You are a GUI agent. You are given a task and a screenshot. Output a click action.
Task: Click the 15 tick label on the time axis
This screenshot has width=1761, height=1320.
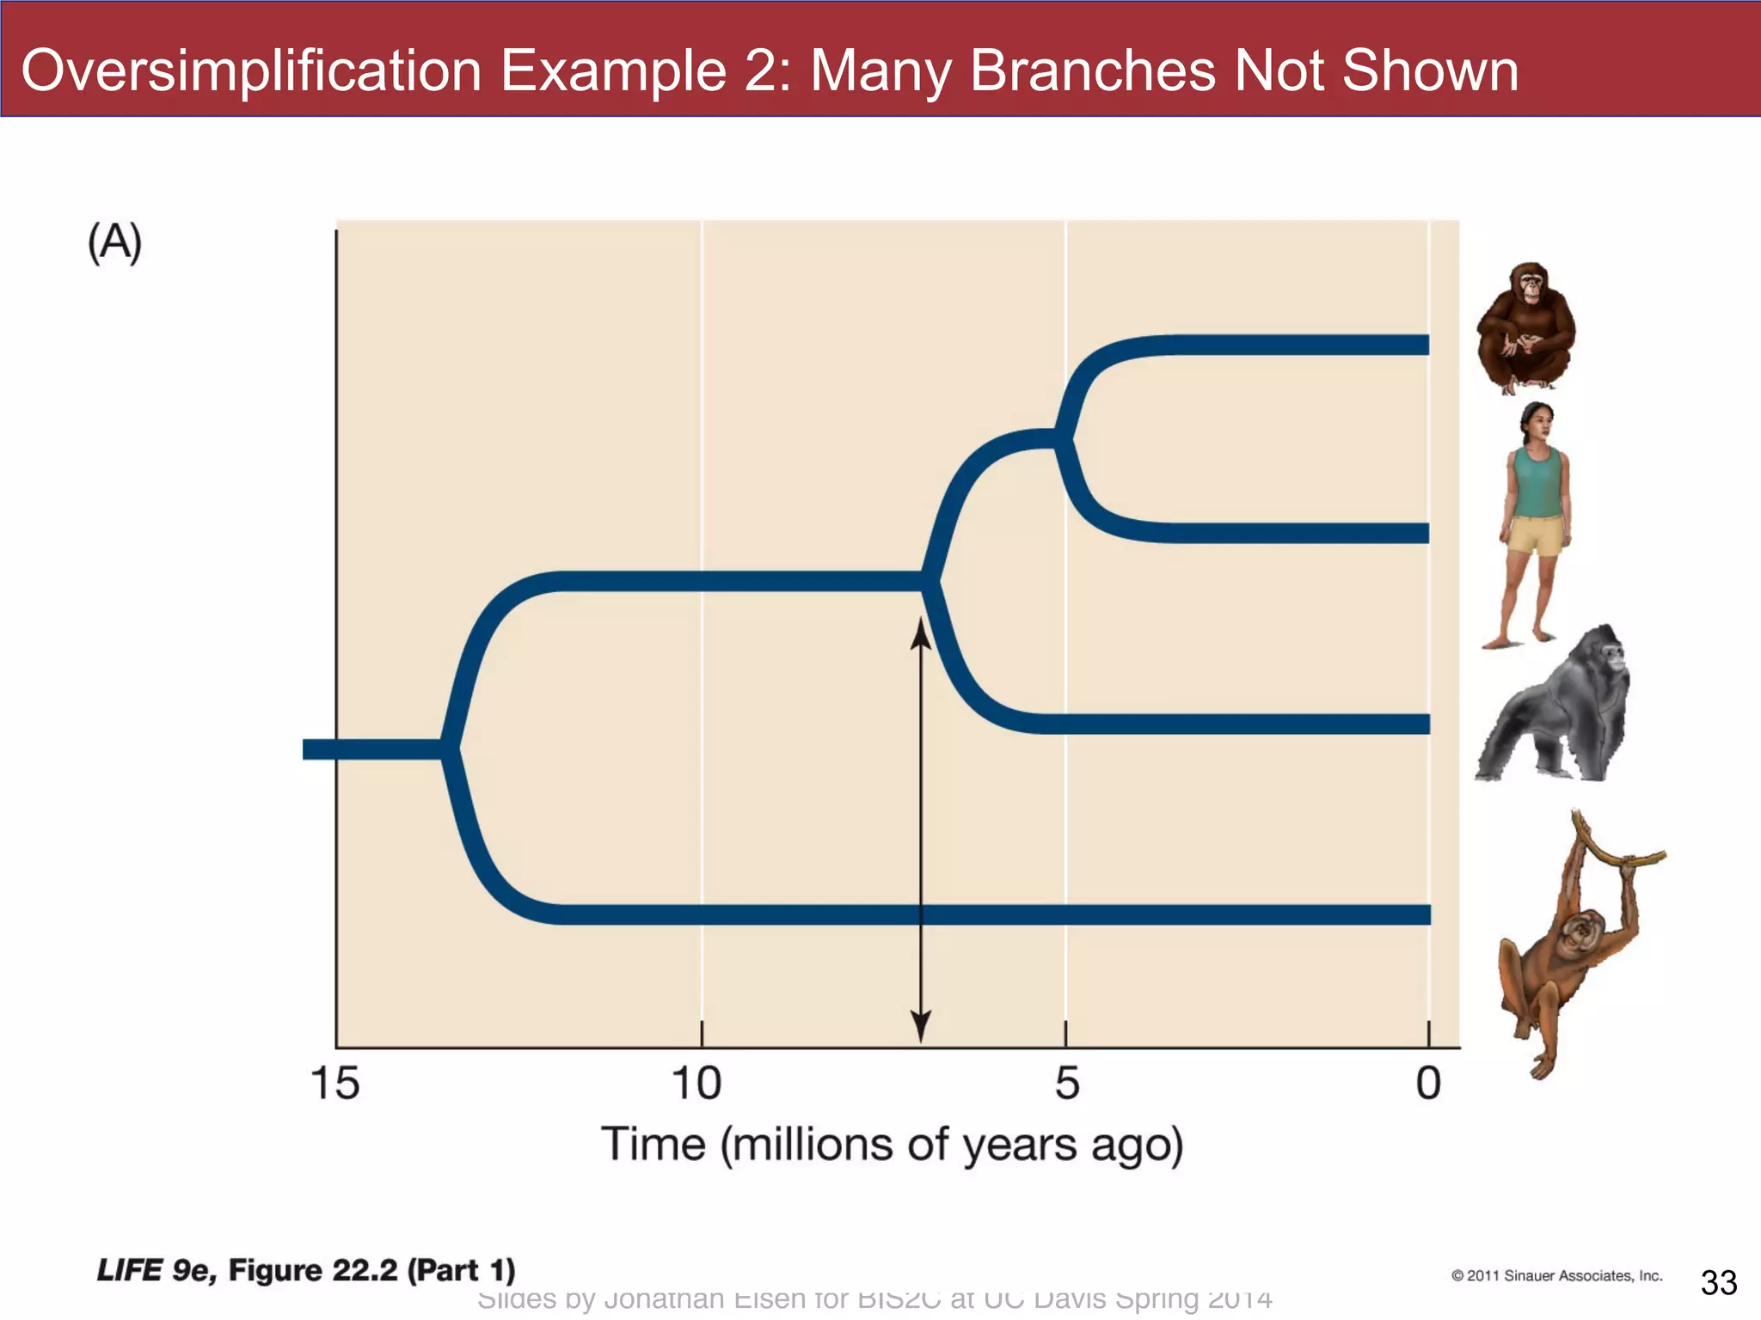pos(334,1083)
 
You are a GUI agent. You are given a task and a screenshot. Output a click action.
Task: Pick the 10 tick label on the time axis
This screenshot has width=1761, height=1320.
pos(696,1083)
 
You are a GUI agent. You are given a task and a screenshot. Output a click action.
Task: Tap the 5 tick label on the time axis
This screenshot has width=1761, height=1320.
pos(1066,1083)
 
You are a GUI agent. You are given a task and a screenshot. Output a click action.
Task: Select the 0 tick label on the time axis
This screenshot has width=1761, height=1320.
pos(1428,1083)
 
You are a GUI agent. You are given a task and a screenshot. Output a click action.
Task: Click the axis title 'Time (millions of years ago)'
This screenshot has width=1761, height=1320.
pos(892,1145)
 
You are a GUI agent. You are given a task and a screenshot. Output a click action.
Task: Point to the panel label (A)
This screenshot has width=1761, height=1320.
pos(114,242)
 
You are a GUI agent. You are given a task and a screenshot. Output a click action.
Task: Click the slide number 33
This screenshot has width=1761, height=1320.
pos(1719,1282)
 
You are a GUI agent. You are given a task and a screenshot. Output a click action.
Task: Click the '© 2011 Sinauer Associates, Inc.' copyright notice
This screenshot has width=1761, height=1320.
pos(1556,1275)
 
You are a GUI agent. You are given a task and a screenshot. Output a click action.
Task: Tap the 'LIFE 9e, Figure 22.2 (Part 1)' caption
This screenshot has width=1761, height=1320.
pos(306,1270)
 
